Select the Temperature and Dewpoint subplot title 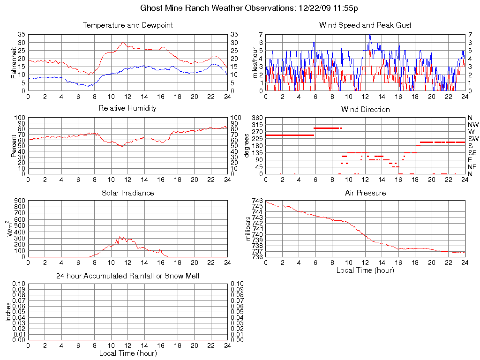pyautogui.click(x=127, y=25)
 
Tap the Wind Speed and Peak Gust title pyautogui.click(x=365, y=25)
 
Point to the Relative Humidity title pyautogui.click(x=127, y=108)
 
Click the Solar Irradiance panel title pyautogui.click(x=127, y=193)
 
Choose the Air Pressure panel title pyautogui.click(x=365, y=193)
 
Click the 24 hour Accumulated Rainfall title pyautogui.click(x=127, y=276)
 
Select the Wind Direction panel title pyautogui.click(x=365, y=109)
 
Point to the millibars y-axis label pyautogui.click(x=249, y=228)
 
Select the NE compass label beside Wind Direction pyautogui.click(x=472, y=167)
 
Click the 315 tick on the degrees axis pyautogui.click(x=257, y=125)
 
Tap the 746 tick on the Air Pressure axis pyautogui.click(x=257, y=201)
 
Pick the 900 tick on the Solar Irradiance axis pyautogui.click(x=20, y=201)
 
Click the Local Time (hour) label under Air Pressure pyautogui.click(x=365, y=270)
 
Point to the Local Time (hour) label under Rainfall pyautogui.click(x=127, y=353)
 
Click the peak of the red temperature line pyautogui.click(x=123, y=43)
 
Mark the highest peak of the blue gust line pyautogui.click(x=370, y=35)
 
